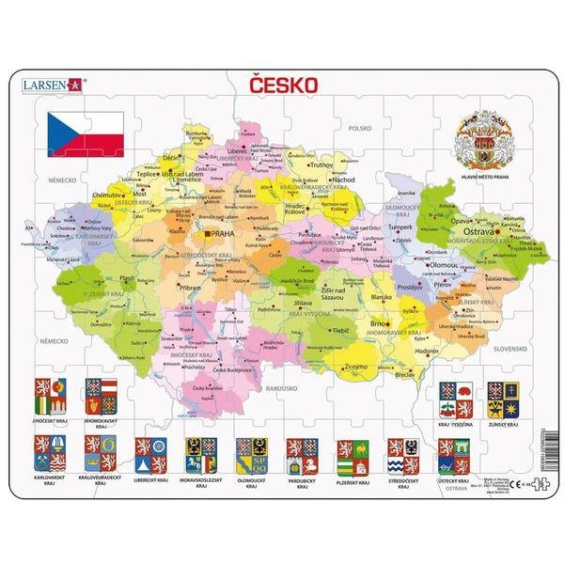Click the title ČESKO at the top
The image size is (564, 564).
tap(282, 84)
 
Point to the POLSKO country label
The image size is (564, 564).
tap(361, 128)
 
